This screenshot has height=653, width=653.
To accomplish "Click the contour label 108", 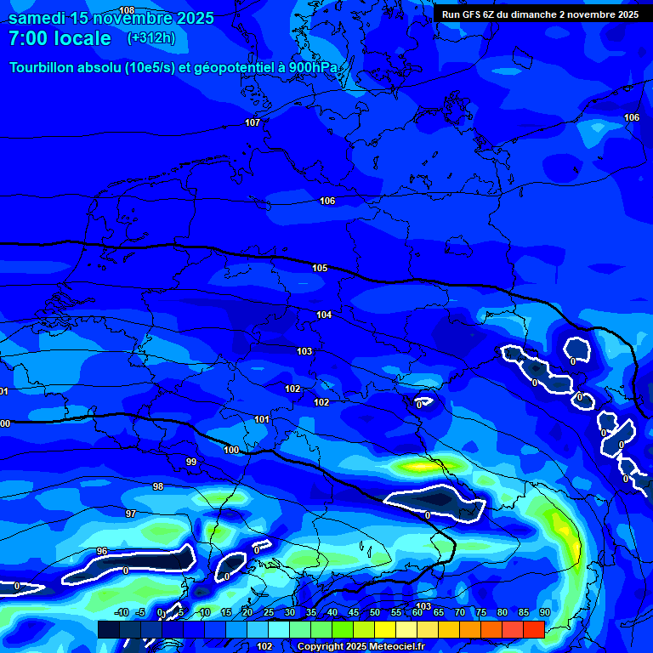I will pos(127,9).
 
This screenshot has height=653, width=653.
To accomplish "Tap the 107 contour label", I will pos(253,122).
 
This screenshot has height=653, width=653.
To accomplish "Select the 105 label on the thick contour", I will pos(320,268).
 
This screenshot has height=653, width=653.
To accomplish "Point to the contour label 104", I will pos(324,315).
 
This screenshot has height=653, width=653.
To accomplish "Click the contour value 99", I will pos(191,462).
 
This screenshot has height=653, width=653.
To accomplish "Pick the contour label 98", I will pos(158,486).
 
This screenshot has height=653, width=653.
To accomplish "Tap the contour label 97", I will pos(131,514).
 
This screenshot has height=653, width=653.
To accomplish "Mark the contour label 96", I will pos(102,551).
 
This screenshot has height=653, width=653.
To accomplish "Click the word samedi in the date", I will pos(40,18).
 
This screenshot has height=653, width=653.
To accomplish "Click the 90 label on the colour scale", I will pos(544,612).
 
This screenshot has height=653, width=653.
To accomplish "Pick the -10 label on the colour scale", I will pos(122,612).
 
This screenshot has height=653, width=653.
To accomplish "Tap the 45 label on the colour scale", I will pos(353,612).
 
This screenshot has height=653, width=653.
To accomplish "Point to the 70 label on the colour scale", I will pos(459,612).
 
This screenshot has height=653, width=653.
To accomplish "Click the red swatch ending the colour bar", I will pos(534,629).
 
